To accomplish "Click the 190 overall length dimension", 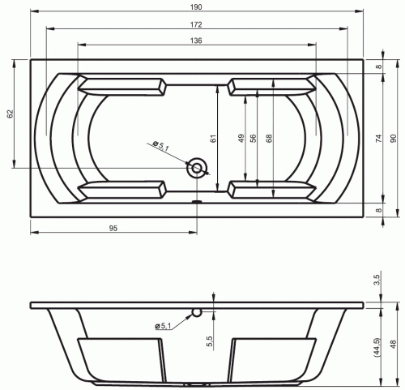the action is pos(196,7).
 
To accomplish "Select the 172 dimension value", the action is pos(196,24).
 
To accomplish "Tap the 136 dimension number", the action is pos(196,41).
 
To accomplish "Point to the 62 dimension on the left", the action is pos(10,114).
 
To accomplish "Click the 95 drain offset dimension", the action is pos(113,229).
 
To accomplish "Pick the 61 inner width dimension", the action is pos(213,139).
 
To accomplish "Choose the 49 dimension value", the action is pos(241,139).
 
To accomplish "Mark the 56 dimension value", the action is pos(253,139).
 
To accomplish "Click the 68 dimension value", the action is pos(269,139).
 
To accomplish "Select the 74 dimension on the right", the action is pos(379,139).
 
